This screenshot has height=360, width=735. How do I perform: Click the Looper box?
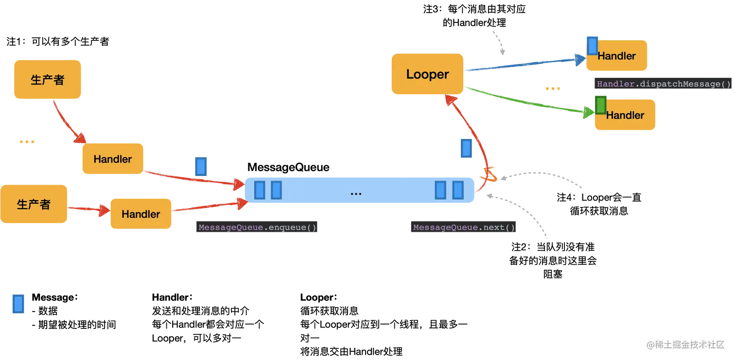point(427,74)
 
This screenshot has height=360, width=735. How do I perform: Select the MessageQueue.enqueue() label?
point(257,227)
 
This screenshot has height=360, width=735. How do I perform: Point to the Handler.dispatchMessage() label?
point(664,84)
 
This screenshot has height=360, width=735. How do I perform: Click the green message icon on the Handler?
point(601,105)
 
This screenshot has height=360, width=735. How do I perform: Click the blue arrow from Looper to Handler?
point(525,64)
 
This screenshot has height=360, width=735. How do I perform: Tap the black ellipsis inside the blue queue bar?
point(356,193)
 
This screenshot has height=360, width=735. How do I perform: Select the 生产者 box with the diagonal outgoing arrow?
point(47,80)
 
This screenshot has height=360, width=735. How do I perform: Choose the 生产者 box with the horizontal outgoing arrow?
point(34,204)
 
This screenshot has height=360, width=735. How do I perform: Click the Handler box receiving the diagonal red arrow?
point(112,159)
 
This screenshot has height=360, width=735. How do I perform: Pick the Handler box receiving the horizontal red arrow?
point(141,214)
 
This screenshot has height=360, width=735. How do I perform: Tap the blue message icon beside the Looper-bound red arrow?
point(466,149)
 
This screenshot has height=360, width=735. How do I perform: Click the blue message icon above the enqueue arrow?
point(201,166)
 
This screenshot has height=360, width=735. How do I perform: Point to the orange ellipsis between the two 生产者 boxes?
point(26,142)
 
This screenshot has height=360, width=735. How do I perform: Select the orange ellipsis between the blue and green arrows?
point(553,89)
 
